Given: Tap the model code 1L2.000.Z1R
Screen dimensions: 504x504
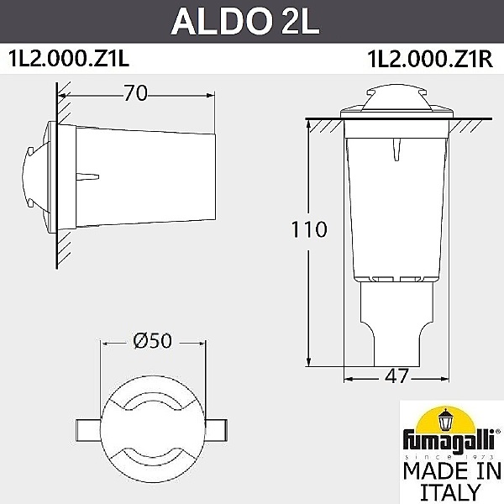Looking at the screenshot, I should tap(429, 59).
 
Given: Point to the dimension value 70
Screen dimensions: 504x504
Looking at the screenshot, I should tap(135, 93).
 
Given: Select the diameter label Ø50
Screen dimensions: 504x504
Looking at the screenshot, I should tap(152, 342).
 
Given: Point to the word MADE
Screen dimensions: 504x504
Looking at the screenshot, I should tap(430, 469).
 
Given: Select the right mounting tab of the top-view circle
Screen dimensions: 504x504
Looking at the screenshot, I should tap(217, 426).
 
